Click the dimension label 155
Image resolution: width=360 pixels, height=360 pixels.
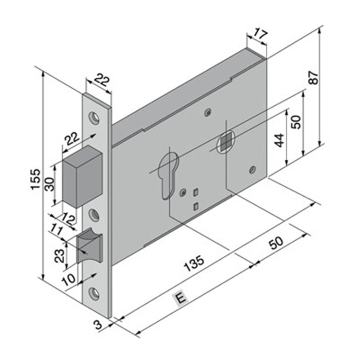36,179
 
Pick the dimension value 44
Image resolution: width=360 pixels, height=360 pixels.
279,140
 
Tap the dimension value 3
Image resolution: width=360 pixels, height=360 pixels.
98,324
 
